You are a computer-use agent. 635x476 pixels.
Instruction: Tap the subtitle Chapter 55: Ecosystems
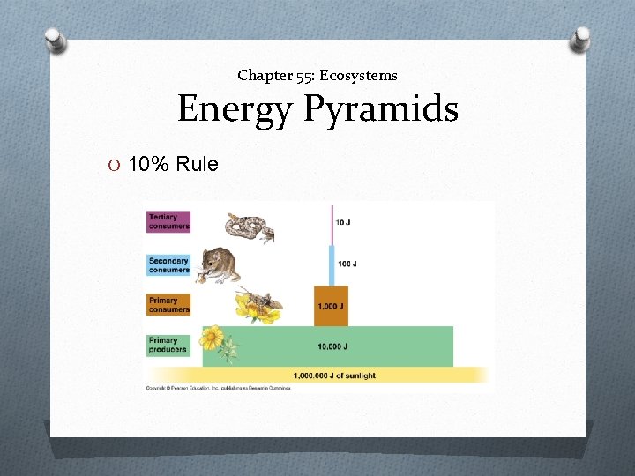(317, 76)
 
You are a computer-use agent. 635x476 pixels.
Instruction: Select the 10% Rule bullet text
(173, 163)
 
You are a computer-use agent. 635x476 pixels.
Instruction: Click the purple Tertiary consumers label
(168, 221)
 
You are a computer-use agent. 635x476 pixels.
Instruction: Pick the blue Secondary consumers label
(168, 265)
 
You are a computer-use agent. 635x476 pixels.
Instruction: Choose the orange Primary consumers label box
(168, 304)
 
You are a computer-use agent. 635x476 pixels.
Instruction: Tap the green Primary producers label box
(168, 345)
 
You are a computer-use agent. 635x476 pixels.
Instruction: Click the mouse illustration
(217, 264)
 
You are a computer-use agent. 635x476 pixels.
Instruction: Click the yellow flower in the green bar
(213, 338)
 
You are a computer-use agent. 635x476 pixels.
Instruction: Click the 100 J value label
(347, 264)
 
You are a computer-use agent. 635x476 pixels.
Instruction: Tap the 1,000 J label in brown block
(332, 308)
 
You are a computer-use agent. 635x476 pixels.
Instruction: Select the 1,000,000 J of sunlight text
(334, 376)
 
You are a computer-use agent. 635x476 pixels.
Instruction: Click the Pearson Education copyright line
(218, 389)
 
